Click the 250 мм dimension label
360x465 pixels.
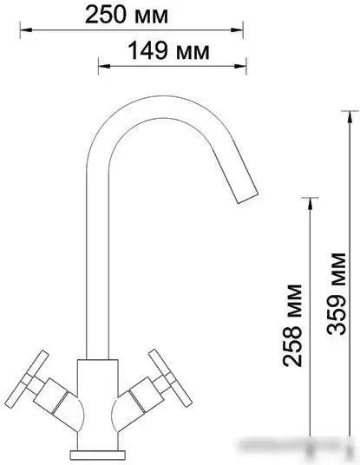click(134, 15)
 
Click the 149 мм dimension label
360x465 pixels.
click(168, 51)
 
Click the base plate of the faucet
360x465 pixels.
click(95, 453)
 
